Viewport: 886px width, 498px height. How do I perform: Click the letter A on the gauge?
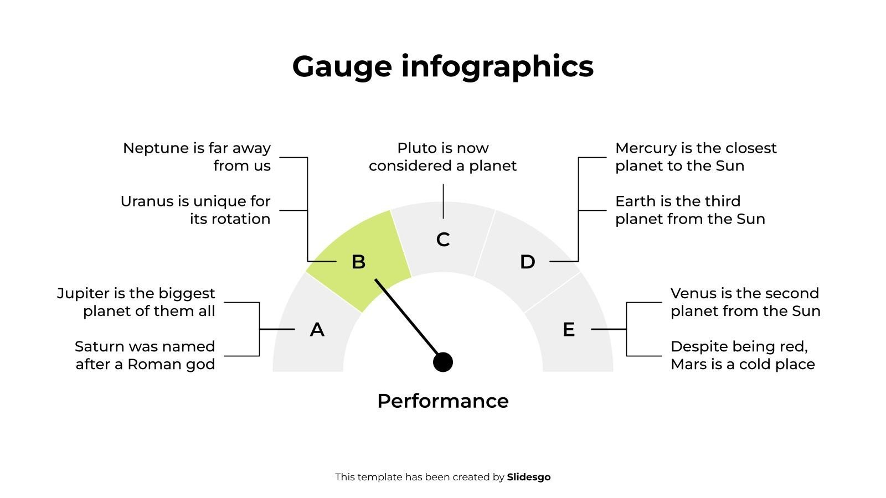pos(317,330)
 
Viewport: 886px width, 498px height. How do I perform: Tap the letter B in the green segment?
pos(358,262)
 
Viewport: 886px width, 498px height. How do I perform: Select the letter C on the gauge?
pos(443,240)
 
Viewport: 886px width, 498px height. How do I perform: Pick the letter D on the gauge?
pos(528,262)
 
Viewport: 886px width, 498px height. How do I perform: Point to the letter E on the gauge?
pos(568,330)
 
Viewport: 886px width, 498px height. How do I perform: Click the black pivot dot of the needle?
pos(443,362)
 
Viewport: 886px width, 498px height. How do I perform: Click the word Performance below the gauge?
pos(443,401)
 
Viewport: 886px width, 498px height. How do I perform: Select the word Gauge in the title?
pos(342,67)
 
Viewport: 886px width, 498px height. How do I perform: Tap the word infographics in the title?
pos(497,66)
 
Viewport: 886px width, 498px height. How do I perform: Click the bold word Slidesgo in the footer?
pos(528,477)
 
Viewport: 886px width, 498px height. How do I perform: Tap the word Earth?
pos(632,201)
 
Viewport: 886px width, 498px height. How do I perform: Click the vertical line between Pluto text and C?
pos(443,201)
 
